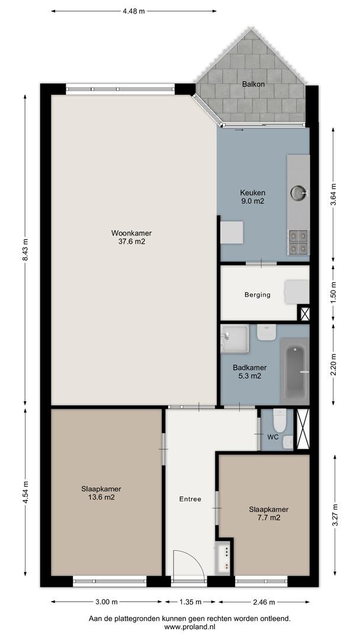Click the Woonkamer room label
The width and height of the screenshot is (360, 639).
pyautogui.click(x=131, y=234)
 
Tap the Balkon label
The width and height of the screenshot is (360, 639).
pyautogui.click(x=253, y=85)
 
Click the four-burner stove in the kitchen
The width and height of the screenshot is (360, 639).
pyautogui.click(x=298, y=243)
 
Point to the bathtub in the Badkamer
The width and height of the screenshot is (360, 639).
pyautogui.click(x=295, y=372)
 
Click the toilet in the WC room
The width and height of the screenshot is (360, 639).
pyautogui.click(x=279, y=420)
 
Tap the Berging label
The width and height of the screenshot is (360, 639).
pyautogui.click(x=257, y=295)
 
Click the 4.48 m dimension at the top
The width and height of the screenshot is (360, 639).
pyautogui.click(x=134, y=11)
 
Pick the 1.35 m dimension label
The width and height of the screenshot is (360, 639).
pyautogui.click(x=190, y=602)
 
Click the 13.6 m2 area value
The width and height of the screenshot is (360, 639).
pyautogui.click(x=101, y=497)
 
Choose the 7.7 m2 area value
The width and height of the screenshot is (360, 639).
pyautogui.click(x=269, y=518)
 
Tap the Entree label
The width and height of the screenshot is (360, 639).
pyautogui.click(x=191, y=499)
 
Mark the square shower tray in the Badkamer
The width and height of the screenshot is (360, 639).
pyautogui.click(x=234, y=339)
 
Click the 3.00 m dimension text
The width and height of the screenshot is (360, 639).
pyautogui.click(x=107, y=602)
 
